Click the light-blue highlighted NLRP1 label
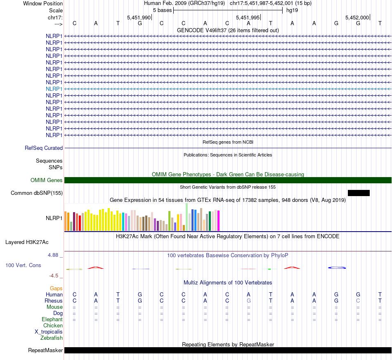(x=54, y=89)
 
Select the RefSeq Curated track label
(x=44, y=148)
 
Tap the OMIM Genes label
(x=47, y=180)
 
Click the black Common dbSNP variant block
(x=359, y=193)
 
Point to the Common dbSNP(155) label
(x=37, y=193)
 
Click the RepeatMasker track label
(x=45, y=351)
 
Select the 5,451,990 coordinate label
(x=139, y=18)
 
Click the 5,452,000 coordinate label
(x=357, y=18)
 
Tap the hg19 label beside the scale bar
(x=292, y=10)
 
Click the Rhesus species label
(x=54, y=301)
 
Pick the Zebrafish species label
(x=52, y=338)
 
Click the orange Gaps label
(x=56, y=288)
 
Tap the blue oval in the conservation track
(x=336, y=268)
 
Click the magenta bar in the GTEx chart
(x=218, y=221)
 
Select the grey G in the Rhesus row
(x=248, y=301)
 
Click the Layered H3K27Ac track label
(x=27, y=242)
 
